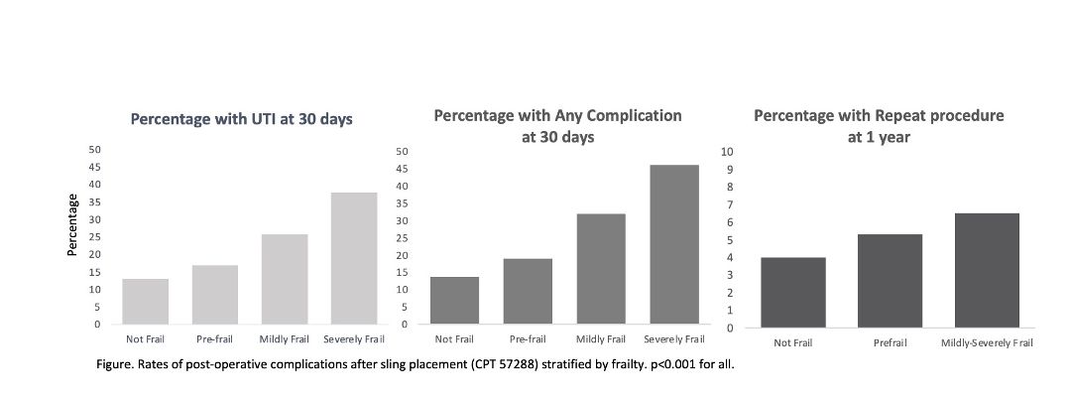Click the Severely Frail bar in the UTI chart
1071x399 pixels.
[354, 258]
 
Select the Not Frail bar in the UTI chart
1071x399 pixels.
[146, 302]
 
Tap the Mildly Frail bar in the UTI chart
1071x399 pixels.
[285, 280]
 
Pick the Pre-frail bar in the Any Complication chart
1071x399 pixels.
[528, 291]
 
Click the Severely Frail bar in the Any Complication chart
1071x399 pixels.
[674, 244]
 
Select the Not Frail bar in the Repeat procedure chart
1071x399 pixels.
[793, 293]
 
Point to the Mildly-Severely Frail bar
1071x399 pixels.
[987, 271]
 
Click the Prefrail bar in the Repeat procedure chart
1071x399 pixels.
[890, 281]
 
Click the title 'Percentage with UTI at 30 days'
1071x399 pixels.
[242, 119]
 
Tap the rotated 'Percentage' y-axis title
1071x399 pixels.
[71, 224]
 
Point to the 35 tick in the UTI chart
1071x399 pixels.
[95, 201]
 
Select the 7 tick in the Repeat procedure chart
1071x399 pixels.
[730, 204]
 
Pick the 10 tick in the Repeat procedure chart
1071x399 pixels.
[728, 151]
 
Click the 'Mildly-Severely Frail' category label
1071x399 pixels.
[987, 343]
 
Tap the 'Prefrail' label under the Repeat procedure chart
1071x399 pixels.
[890, 343]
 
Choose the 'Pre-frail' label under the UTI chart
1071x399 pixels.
[214, 338]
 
